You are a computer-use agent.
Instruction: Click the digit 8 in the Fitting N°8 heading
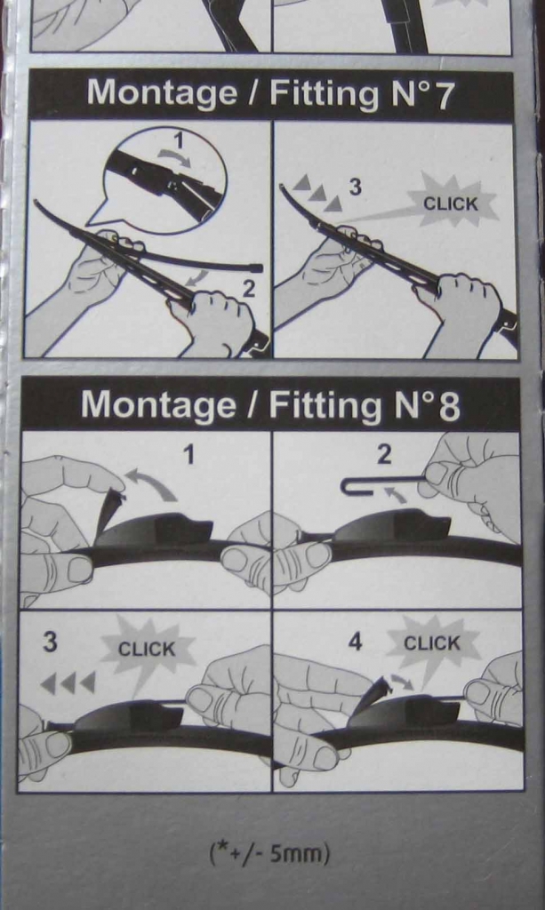click(x=449, y=406)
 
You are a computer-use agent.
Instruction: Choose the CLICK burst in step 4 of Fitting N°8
click(x=432, y=643)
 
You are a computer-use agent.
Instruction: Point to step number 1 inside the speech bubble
click(x=179, y=141)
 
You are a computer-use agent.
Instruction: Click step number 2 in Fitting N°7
click(x=248, y=289)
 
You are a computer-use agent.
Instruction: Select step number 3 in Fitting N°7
click(x=355, y=187)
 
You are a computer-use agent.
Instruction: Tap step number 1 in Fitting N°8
click(x=188, y=455)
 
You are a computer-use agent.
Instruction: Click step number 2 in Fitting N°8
click(x=384, y=455)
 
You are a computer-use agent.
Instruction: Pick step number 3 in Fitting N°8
click(x=51, y=643)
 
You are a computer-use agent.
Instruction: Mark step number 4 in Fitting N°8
click(x=355, y=642)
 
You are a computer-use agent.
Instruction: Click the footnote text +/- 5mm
click(x=269, y=854)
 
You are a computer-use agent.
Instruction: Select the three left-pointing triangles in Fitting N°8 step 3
click(x=68, y=683)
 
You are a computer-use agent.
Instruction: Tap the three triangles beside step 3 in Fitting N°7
click(x=317, y=193)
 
